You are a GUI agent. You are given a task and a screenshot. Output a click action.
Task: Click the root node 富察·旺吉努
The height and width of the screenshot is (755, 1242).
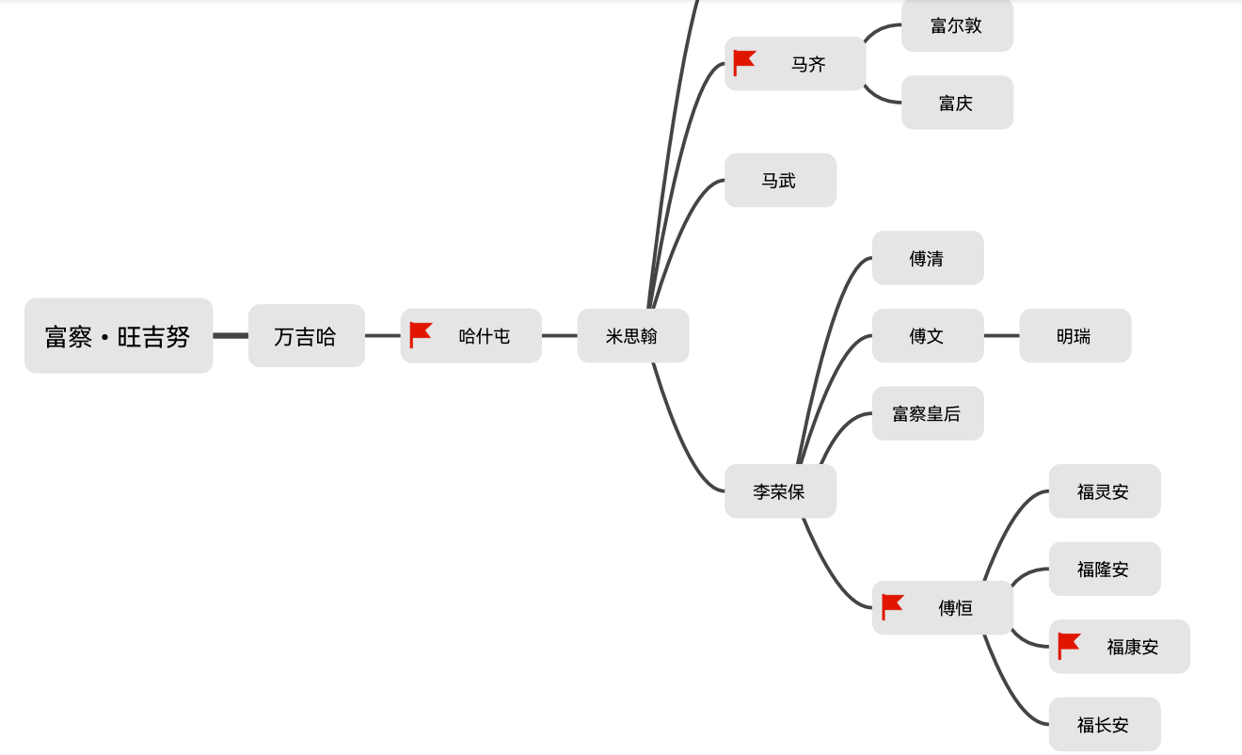coord(119,336)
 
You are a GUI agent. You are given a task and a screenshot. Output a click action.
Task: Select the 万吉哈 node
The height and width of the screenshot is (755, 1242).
coord(306,336)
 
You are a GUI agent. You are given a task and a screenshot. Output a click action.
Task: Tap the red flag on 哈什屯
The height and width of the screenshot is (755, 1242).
coord(421,335)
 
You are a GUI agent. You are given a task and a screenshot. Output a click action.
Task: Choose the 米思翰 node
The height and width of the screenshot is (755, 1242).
coord(632,336)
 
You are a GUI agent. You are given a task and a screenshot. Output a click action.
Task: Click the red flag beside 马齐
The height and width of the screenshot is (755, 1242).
coord(744,63)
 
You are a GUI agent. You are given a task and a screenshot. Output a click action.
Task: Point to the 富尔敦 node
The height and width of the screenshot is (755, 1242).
coord(956,25)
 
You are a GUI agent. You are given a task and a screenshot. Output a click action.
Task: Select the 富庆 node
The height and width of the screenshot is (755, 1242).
coord(956,103)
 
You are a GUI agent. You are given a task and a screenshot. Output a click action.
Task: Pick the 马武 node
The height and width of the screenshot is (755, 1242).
coord(779,180)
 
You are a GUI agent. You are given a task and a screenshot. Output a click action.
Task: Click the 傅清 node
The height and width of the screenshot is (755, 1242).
coord(927,258)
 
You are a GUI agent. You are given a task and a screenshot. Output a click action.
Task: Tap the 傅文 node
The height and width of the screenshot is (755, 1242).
coord(927,336)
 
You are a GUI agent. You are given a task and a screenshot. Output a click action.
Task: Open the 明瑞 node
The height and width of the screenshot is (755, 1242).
coord(1074,336)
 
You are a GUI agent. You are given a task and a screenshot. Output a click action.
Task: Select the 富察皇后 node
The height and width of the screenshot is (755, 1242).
coord(927,413)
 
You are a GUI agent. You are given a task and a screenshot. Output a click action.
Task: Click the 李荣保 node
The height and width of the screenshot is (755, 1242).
coord(779,491)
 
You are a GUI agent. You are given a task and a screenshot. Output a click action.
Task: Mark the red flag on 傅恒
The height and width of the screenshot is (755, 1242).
coord(893,607)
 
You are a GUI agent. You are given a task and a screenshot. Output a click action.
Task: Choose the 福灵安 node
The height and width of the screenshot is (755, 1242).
coord(1104,491)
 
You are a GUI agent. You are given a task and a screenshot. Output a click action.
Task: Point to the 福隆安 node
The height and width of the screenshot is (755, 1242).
coord(1104,569)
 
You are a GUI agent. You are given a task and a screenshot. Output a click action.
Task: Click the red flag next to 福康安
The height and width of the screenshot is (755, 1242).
coord(1069,646)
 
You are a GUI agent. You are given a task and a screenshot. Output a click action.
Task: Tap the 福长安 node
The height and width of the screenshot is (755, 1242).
coord(1104,724)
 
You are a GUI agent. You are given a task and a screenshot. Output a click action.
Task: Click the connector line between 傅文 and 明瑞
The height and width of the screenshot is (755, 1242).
coord(1001,335)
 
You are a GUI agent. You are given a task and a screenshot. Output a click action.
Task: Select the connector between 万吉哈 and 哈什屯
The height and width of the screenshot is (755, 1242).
coord(382,335)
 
